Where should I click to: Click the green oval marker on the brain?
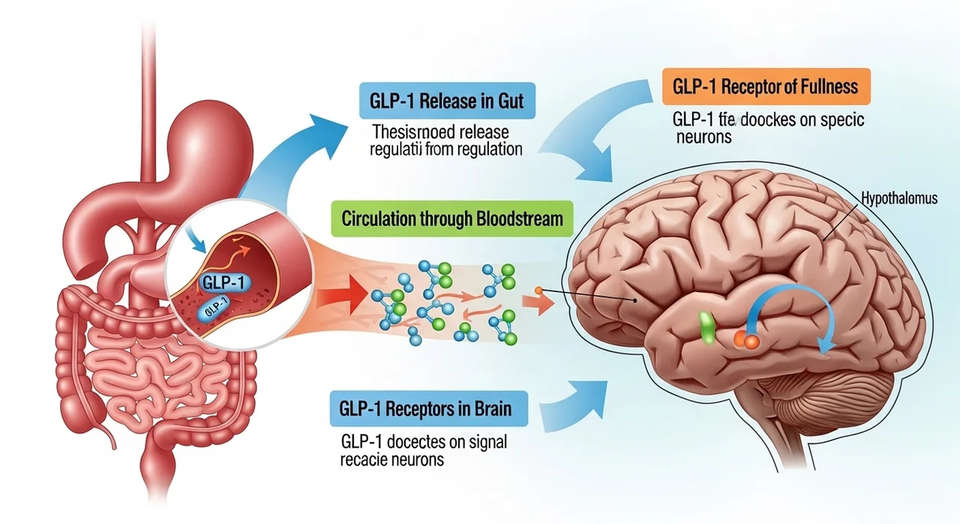point(706,328)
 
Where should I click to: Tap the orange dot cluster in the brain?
point(745,341)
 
